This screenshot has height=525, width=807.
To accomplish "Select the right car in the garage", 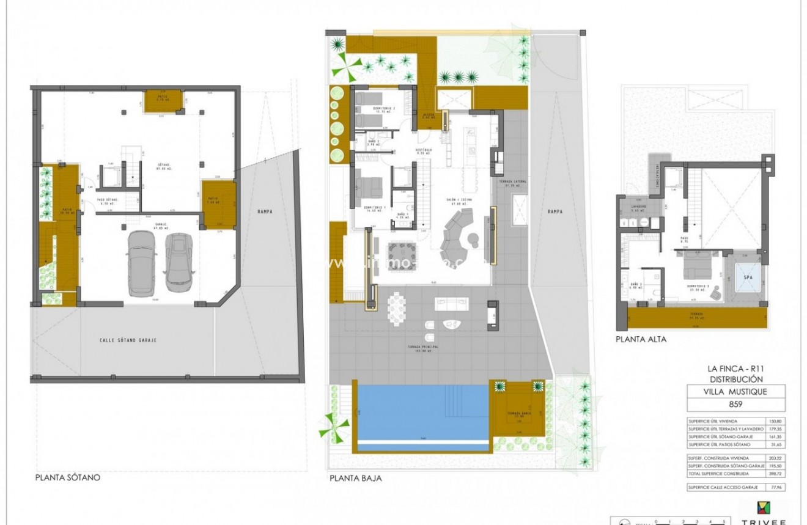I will (x=179, y=259).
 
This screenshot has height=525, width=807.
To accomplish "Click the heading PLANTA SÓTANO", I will (x=68, y=478).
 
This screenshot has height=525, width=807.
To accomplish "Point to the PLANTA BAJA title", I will (x=355, y=479).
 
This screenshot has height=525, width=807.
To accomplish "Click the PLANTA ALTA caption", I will (x=641, y=339).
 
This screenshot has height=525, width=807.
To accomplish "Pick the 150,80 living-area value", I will (x=776, y=421).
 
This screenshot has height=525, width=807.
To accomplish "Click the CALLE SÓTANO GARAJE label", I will (x=128, y=340).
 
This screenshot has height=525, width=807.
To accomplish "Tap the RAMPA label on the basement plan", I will (x=265, y=211).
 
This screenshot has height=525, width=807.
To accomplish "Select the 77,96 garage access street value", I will (x=776, y=487).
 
